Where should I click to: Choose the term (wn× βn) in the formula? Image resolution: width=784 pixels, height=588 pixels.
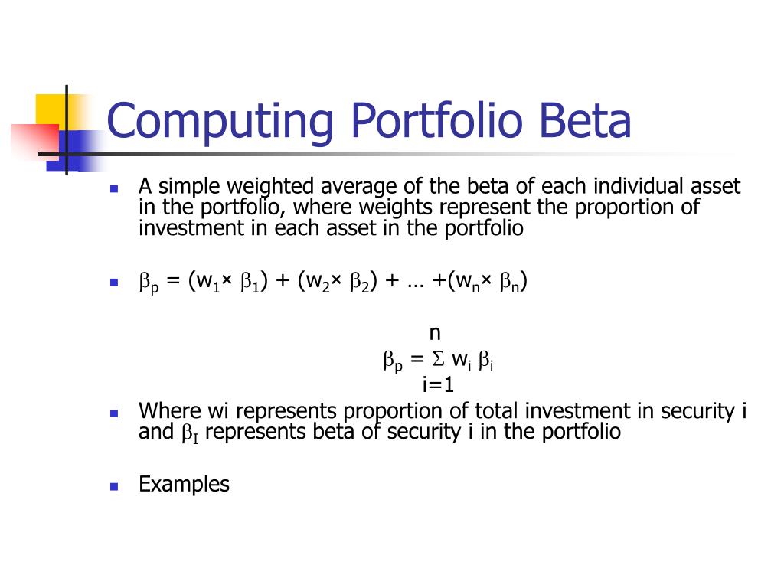(x=490, y=283)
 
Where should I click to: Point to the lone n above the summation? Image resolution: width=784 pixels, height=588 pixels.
(x=435, y=333)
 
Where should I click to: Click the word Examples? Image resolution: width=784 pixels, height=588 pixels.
(x=184, y=484)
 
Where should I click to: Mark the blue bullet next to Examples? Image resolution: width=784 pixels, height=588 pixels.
(x=114, y=486)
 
